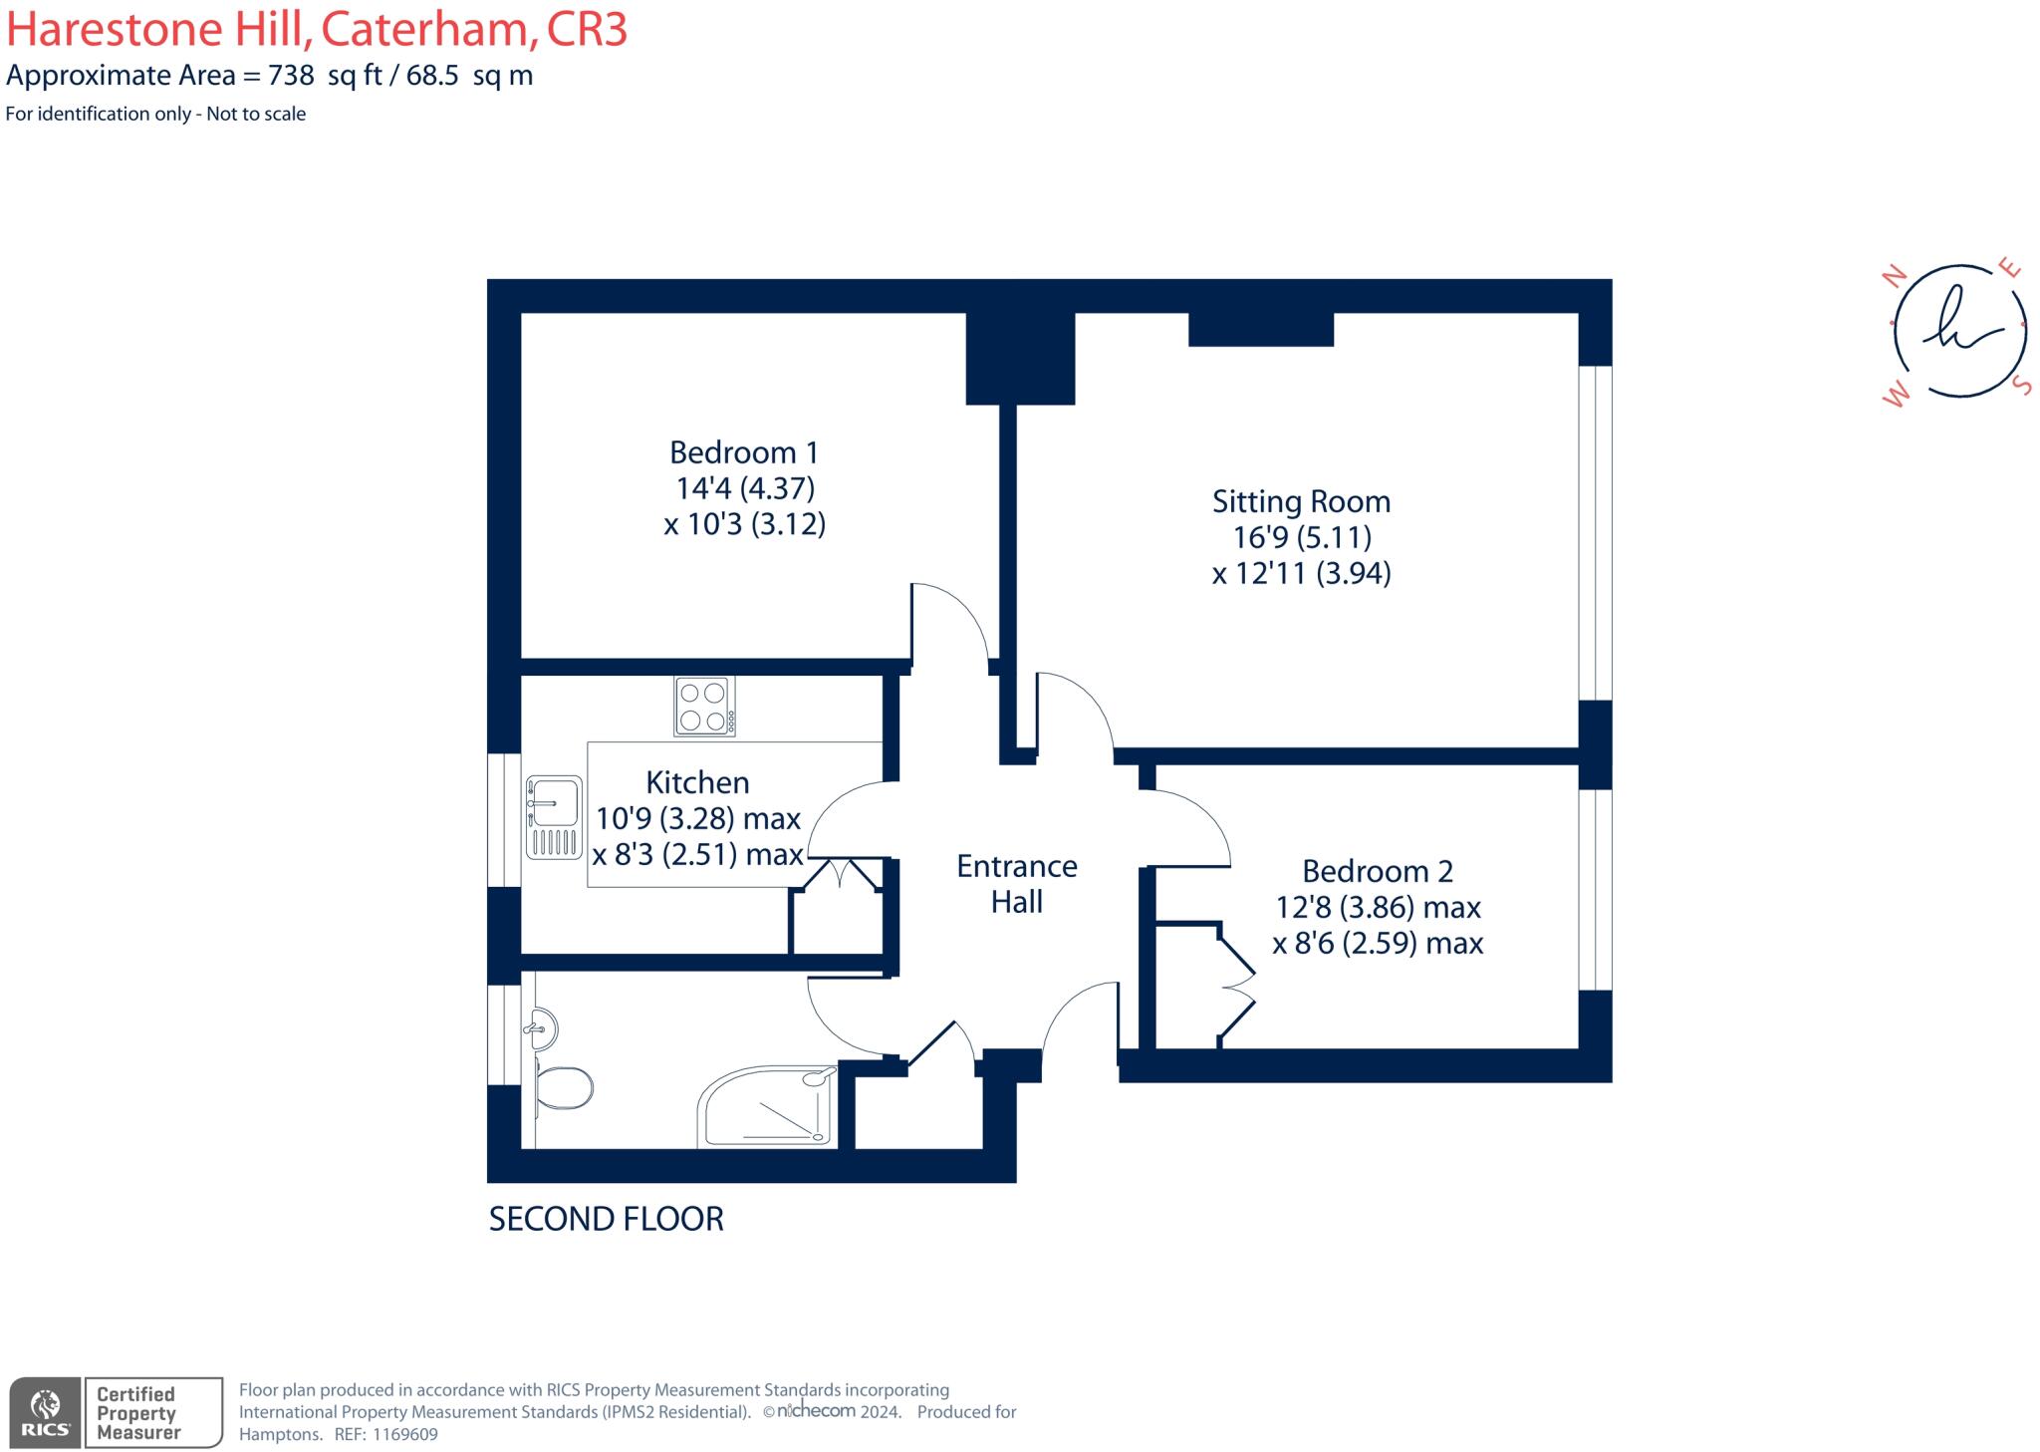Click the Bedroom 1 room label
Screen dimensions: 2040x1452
point(743,452)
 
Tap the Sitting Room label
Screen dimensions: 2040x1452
point(1300,501)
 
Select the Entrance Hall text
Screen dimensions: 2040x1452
point(1016,884)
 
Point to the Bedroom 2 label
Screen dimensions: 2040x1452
point(1377,871)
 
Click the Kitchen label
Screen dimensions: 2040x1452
point(697,782)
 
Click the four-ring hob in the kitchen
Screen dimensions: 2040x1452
point(703,706)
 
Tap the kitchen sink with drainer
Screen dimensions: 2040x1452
point(553,817)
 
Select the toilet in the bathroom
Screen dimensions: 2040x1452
point(564,1087)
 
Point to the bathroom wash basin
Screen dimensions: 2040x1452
point(539,1026)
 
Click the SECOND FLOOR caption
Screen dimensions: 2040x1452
point(606,1219)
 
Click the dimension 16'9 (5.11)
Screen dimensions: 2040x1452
point(1301,538)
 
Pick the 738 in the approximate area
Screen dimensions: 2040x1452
point(291,76)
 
